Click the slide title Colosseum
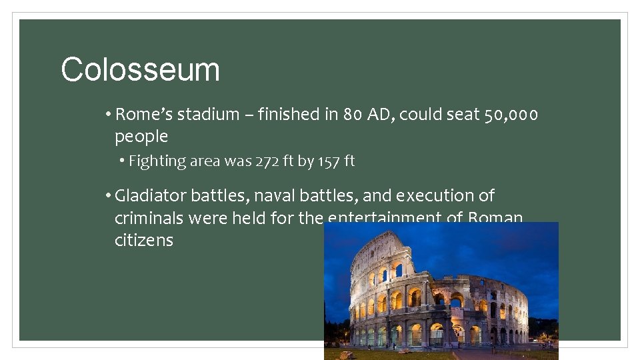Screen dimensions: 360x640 tap(140, 69)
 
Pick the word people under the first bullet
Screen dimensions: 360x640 tap(141, 137)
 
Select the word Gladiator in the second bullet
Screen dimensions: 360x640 tap(151, 196)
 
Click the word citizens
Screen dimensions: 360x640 tap(143, 240)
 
